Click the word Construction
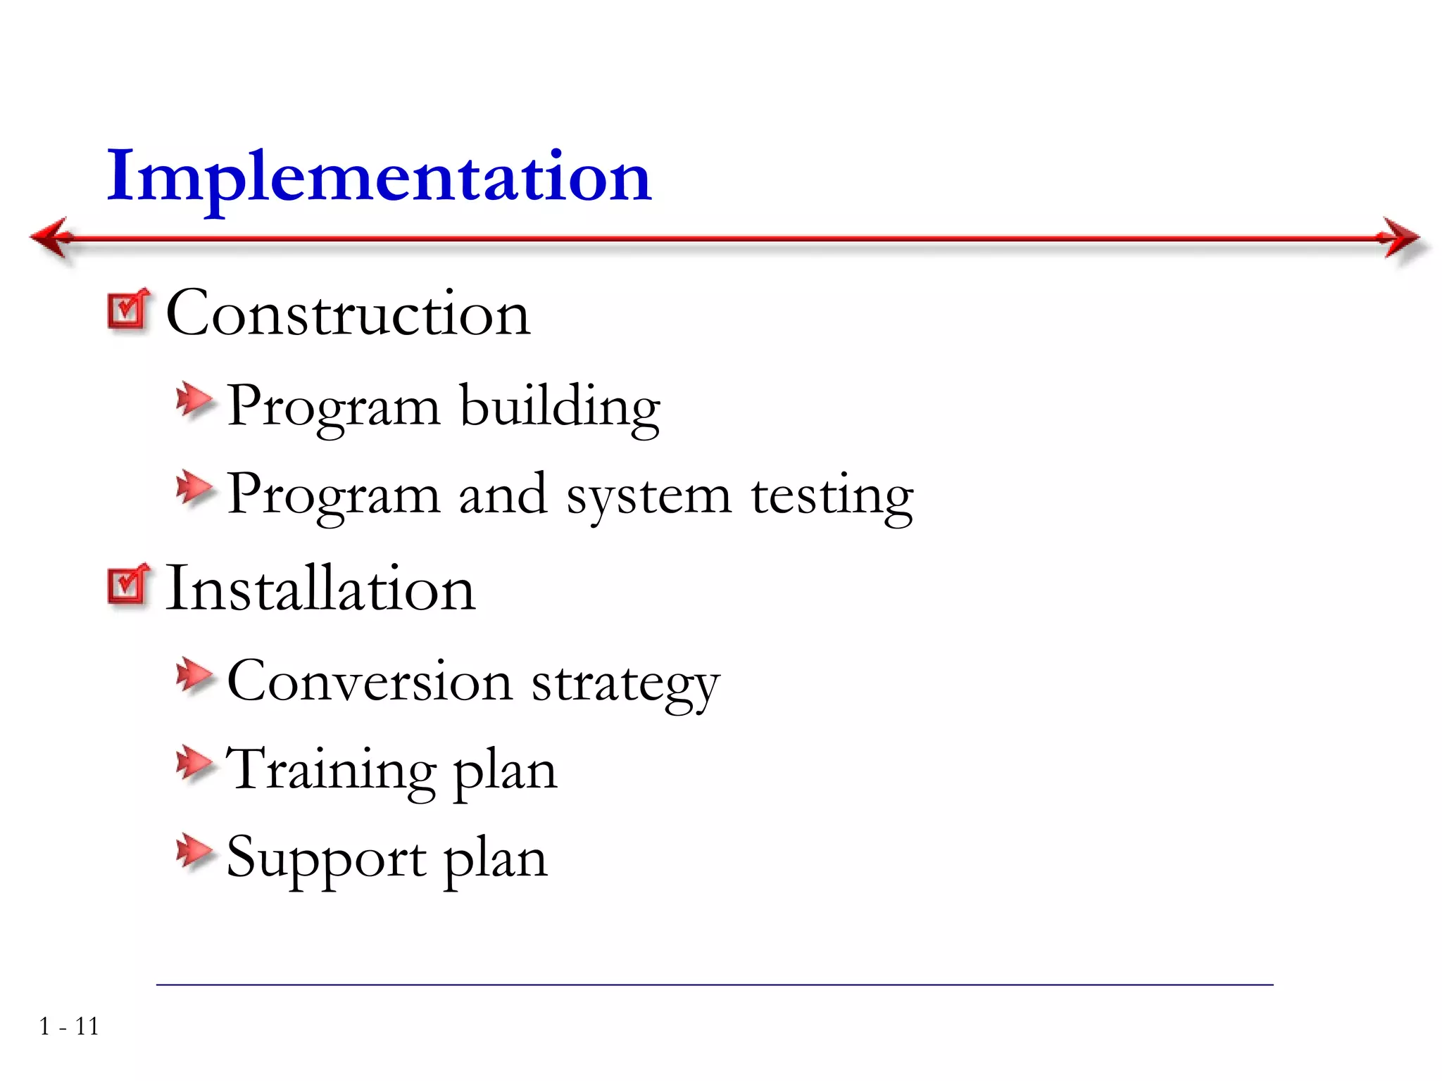click(x=348, y=313)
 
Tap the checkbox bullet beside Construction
click(x=128, y=310)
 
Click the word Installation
click(x=320, y=588)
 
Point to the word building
click(x=560, y=407)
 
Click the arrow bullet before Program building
click(x=194, y=401)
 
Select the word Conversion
click(x=370, y=681)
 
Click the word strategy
click(x=625, y=684)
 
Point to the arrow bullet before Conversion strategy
click(x=194, y=676)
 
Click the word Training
click(x=331, y=770)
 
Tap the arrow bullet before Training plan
click(x=194, y=764)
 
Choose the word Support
click(x=326, y=859)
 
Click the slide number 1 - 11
click(x=69, y=1027)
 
